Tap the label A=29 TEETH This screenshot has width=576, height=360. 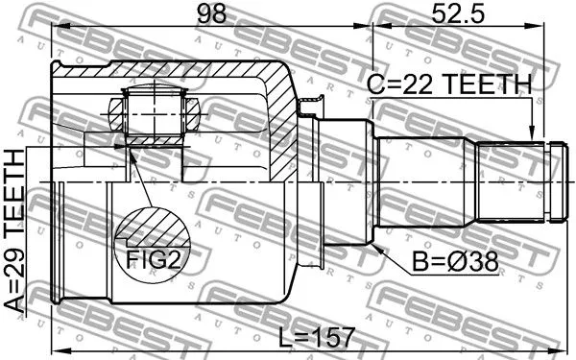coord(16,230)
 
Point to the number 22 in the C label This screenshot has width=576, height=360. coord(414,85)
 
